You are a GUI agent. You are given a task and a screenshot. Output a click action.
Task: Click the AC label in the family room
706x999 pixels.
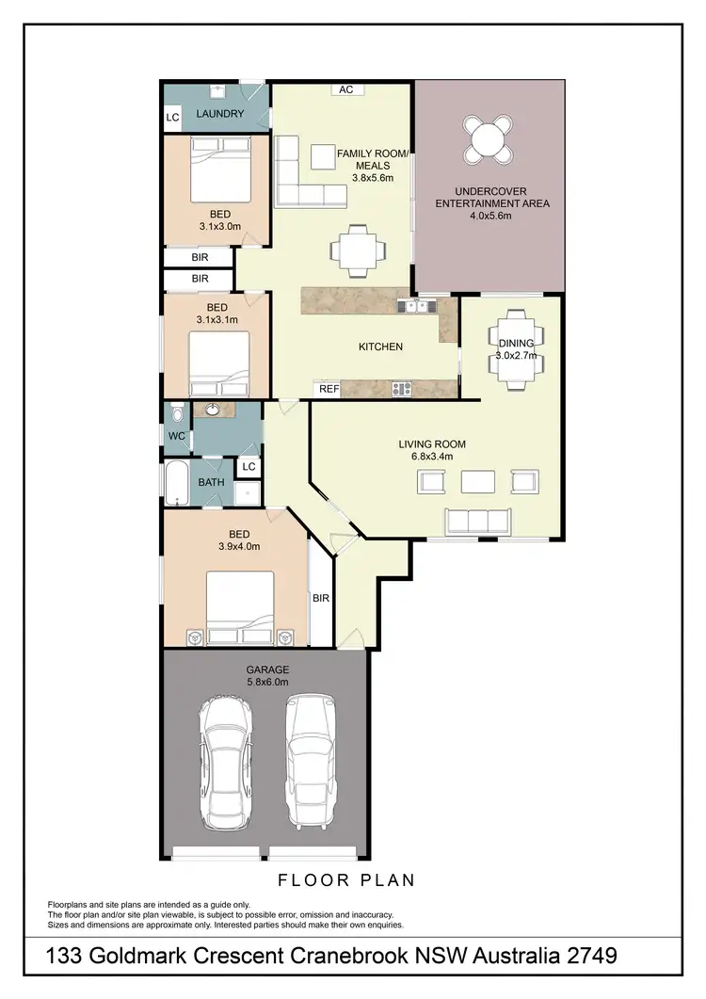pyautogui.click(x=345, y=90)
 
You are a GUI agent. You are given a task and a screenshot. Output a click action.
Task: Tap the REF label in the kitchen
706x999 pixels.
pyautogui.click(x=329, y=388)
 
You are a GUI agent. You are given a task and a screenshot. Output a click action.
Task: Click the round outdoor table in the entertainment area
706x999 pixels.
pyautogui.click(x=488, y=139)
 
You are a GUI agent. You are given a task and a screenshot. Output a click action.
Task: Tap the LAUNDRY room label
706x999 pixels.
pyautogui.click(x=219, y=114)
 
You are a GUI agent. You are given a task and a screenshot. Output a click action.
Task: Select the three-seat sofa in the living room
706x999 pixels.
pyautogui.click(x=477, y=521)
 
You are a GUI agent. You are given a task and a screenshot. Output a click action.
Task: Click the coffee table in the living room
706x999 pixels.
pyautogui.click(x=477, y=481)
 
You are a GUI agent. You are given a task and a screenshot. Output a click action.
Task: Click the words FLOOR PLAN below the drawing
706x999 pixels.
pyautogui.click(x=346, y=880)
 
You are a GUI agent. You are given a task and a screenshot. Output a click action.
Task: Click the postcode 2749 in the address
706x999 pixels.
pyautogui.click(x=586, y=957)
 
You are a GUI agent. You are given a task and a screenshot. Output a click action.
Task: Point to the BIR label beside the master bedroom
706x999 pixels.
pyautogui.click(x=320, y=597)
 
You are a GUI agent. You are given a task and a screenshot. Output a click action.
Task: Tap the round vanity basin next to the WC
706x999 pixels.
pyautogui.click(x=213, y=410)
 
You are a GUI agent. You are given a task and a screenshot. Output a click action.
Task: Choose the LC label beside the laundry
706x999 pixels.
pyautogui.click(x=172, y=118)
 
